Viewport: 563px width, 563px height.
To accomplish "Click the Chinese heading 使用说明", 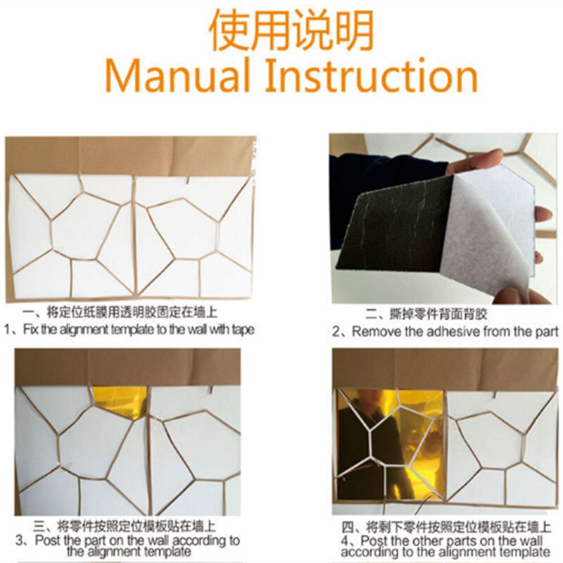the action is [291, 30].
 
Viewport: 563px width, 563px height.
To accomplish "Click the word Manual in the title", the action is [177, 76].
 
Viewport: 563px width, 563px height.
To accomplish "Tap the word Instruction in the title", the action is [372, 76].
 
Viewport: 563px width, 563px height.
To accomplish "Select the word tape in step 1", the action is [243, 329].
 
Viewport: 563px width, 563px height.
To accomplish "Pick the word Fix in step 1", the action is [31, 329].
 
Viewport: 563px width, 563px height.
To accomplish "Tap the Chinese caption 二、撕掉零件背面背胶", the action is [426, 314].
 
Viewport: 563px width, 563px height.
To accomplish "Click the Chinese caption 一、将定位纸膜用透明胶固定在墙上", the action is [120, 312].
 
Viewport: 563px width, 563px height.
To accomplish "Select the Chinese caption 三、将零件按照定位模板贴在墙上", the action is [125, 526].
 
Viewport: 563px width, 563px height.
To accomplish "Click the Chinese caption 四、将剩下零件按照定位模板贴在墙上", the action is [445, 527].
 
